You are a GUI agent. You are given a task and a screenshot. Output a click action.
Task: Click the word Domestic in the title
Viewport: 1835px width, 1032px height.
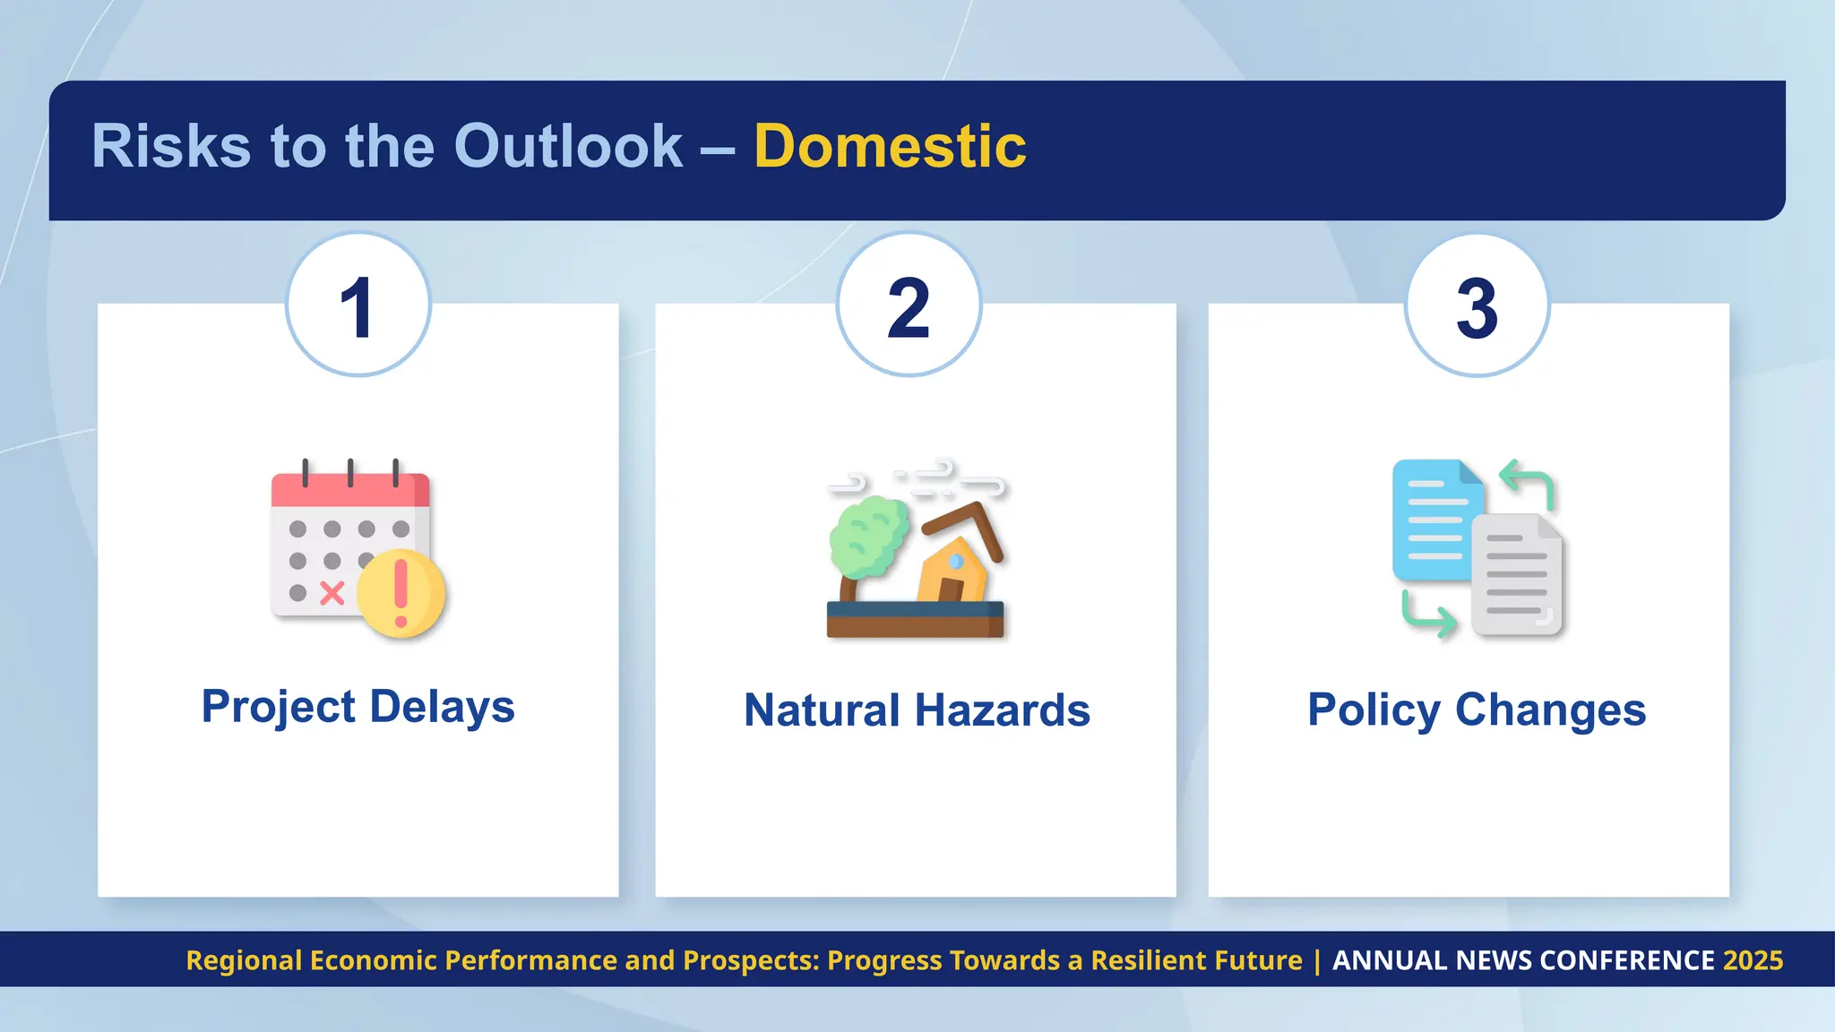tap(890, 146)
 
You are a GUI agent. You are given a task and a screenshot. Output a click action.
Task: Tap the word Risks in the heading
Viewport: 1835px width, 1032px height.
tap(170, 146)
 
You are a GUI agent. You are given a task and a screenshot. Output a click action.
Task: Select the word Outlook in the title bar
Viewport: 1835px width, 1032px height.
tap(568, 146)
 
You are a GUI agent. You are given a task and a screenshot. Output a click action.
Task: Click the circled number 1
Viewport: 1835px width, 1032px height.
tap(358, 306)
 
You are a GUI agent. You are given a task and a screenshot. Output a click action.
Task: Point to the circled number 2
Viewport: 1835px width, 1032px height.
tap(909, 306)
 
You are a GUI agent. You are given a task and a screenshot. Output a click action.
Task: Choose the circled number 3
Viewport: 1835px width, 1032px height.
tap(1477, 306)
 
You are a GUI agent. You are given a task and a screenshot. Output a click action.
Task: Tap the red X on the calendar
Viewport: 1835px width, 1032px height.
tap(332, 593)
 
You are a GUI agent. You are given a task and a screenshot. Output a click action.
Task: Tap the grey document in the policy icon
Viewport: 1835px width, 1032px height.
tap(1517, 576)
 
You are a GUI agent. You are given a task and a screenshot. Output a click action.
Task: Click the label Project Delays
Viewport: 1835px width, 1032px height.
tap(358, 707)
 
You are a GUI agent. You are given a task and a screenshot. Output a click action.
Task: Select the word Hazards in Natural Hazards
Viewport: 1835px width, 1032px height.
tap(1003, 710)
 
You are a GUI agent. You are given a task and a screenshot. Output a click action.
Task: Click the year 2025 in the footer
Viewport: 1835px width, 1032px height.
tap(1753, 960)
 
